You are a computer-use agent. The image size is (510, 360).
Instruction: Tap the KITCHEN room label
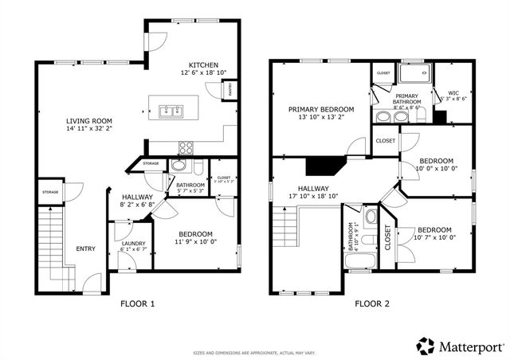pyautogui.click(x=203, y=65)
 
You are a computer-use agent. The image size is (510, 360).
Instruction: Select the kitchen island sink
pyautogui.click(x=169, y=112)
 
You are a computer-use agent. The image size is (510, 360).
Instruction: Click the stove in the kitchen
pyautogui.click(x=186, y=147)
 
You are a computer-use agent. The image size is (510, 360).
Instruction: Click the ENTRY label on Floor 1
pyautogui.click(x=85, y=248)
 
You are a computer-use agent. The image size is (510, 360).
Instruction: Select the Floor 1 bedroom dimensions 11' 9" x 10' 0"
pyautogui.click(x=194, y=242)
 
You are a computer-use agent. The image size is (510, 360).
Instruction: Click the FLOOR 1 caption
pyautogui.click(x=137, y=303)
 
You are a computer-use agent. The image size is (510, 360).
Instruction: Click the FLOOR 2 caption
pyautogui.click(x=372, y=303)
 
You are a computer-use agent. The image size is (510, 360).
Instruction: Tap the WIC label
pyautogui.click(x=454, y=92)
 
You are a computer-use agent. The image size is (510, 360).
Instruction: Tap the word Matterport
pyautogui.click(x=471, y=346)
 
